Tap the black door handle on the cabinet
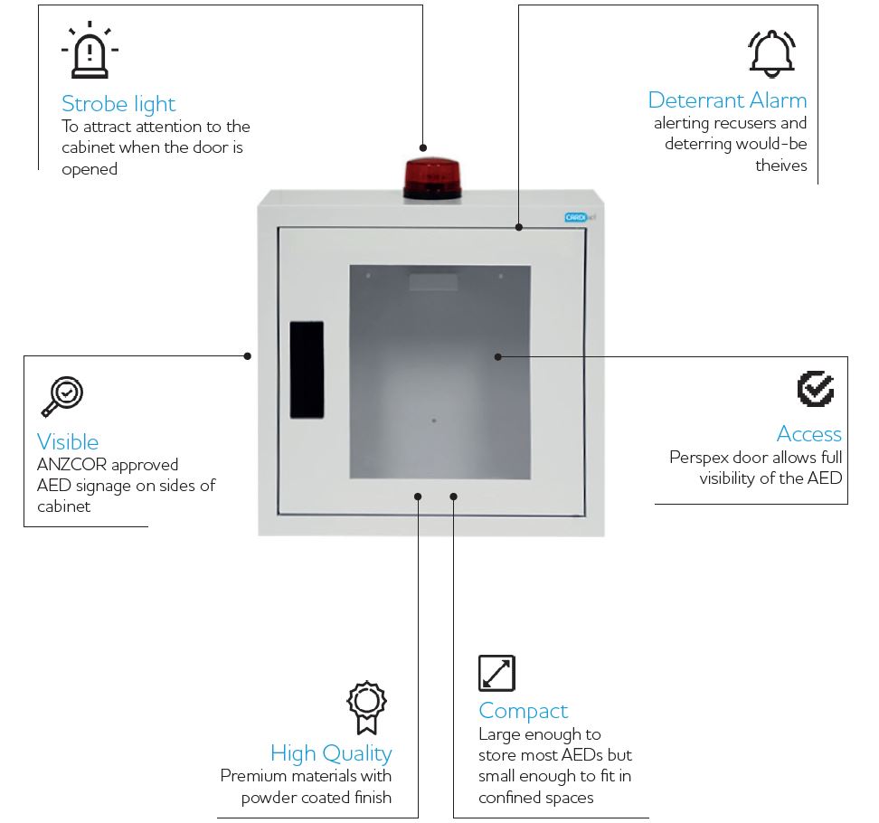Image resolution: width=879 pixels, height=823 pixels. pos(307,369)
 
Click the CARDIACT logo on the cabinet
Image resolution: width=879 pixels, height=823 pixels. pos(576,217)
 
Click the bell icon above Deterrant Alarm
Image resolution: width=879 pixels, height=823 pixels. pos(771,53)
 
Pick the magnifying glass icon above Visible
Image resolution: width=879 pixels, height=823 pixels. pos(61,397)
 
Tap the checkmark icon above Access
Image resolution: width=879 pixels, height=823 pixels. pos(816,389)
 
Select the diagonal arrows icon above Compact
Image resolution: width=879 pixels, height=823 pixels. pos(496,674)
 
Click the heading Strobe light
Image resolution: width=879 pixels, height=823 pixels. pos(118,103)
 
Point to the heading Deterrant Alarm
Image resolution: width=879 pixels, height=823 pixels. pos(727,99)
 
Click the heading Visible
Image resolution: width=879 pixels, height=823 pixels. pos(68,441)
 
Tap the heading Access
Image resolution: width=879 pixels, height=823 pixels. pos(808,433)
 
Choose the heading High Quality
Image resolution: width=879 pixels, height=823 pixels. pos(331,752)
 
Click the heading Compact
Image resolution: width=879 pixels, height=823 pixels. pos(523,710)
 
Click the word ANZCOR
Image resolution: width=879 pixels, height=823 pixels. pos(71,465)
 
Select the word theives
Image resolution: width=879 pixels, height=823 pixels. pos(781,165)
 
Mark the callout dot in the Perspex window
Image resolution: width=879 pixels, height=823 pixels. pos(497,356)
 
